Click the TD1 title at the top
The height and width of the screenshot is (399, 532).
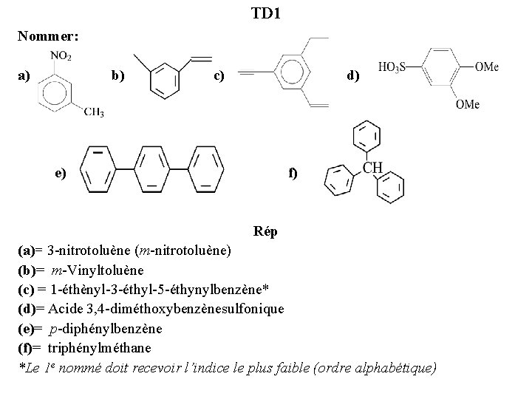point(265,13)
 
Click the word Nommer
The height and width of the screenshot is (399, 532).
point(49,35)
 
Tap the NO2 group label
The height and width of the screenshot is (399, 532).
point(61,56)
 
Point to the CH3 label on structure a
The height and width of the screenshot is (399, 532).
point(93,112)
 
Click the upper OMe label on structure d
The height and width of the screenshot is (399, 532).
point(486,67)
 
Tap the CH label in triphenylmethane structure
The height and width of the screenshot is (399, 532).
point(372,168)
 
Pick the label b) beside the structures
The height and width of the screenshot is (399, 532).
point(117,75)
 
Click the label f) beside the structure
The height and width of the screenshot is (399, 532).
point(293,174)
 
